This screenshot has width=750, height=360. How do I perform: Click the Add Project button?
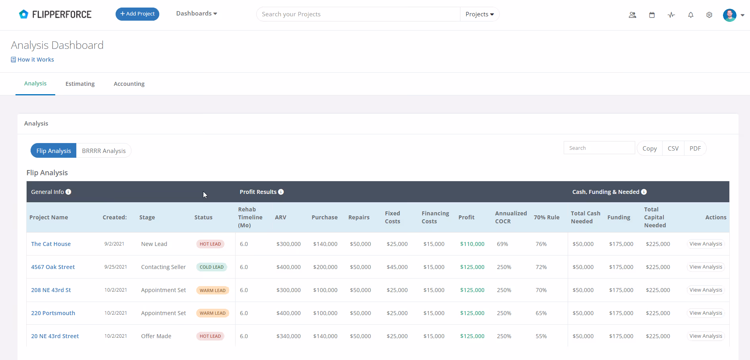(x=137, y=14)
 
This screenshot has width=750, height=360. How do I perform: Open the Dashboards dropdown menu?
(x=197, y=14)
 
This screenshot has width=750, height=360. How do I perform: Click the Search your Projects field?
(x=358, y=14)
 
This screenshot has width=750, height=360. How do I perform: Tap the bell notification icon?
(x=691, y=15)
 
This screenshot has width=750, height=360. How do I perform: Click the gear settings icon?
(x=709, y=15)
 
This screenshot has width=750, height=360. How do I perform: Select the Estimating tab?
(x=80, y=84)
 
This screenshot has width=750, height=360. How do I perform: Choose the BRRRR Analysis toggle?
(x=104, y=151)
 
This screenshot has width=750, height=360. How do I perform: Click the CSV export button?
(x=673, y=148)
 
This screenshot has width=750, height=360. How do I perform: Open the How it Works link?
(x=33, y=60)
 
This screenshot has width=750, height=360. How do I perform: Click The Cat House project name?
(x=51, y=244)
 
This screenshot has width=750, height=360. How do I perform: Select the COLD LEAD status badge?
(x=212, y=267)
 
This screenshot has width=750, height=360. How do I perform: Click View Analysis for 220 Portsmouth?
(x=706, y=313)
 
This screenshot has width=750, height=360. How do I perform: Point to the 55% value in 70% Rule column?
(x=541, y=336)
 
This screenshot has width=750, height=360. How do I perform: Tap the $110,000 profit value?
(x=472, y=244)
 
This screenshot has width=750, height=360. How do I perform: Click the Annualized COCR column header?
(x=511, y=217)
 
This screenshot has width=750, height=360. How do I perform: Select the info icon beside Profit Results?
(x=281, y=192)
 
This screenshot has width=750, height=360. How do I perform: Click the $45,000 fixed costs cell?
(x=397, y=267)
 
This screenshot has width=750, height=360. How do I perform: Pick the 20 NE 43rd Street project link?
(x=55, y=336)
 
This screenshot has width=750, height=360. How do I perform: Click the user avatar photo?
(x=730, y=15)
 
